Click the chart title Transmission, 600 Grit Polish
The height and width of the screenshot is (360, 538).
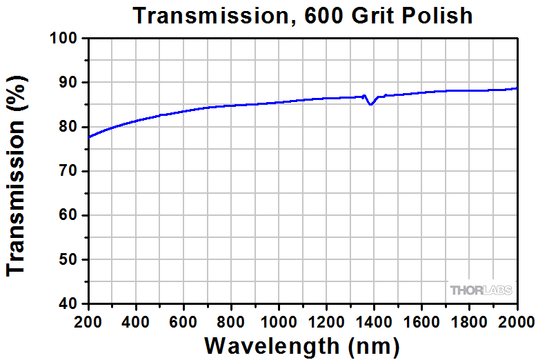click(x=303, y=15)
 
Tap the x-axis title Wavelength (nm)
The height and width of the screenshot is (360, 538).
click(x=302, y=344)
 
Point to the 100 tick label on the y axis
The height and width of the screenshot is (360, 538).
click(x=64, y=39)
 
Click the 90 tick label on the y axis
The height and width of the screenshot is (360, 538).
click(x=69, y=83)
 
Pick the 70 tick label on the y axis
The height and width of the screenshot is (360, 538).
click(x=69, y=171)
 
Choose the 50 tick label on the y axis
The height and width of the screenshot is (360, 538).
click(x=69, y=259)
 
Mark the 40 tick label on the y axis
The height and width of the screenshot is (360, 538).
click(x=69, y=303)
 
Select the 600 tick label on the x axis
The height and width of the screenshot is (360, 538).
click(x=183, y=321)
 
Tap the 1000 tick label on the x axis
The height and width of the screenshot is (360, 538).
click(x=279, y=321)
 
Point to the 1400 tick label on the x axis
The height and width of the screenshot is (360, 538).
click(x=374, y=321)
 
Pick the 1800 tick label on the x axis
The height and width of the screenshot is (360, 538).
click(x=469, y=321)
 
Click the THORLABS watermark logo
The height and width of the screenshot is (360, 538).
click(x=481, y=290)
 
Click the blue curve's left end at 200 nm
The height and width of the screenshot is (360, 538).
click(x=89, y=137)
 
